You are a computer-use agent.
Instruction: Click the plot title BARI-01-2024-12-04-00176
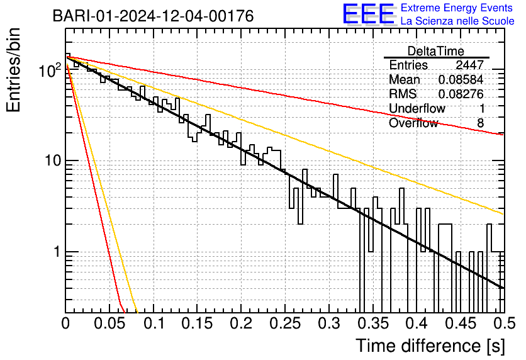(x=154, y=16)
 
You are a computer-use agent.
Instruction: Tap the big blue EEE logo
(x=368, y=14)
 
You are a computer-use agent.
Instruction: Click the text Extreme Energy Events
(x=457, y=8)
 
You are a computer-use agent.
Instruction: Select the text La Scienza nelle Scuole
(x=457, y=21)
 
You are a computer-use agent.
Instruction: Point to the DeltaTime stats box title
(x=436, y=51)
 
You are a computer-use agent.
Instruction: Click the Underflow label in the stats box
(x=417, y=109)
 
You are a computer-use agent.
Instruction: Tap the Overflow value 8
(x=480, y=123)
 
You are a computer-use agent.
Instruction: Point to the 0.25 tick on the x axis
(x=285, y=323)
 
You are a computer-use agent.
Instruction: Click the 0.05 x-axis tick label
(x=109, y=323)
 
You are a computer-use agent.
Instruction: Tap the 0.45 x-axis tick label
(x=460, y=323)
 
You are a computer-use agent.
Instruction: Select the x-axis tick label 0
(x=65, y=323)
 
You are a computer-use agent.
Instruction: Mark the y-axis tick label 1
(x=55, y=252)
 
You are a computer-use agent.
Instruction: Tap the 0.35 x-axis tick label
(x=372, y=323)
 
